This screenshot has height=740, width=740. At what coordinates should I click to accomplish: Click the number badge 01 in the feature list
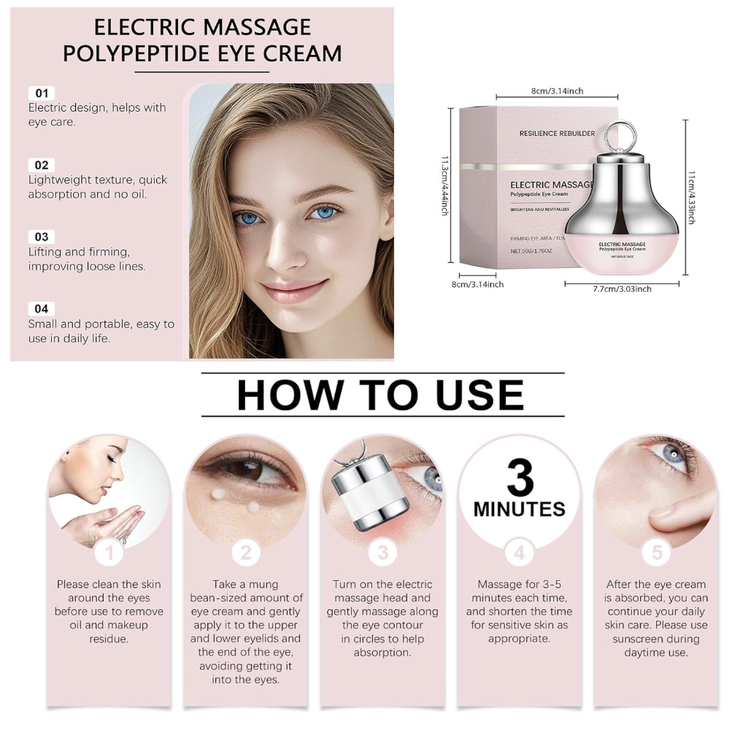(x=42, y=93)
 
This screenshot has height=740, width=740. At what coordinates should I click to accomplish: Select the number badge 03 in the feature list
(x=42, y=237)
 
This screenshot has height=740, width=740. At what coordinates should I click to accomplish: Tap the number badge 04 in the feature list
(x=42, y=309)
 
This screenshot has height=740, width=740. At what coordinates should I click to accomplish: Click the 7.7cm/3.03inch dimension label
(x=622, y=289)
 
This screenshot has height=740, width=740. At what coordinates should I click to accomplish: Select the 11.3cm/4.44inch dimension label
(x=444, y=186)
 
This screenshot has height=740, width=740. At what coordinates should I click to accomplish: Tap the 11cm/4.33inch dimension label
(x=691, y=197)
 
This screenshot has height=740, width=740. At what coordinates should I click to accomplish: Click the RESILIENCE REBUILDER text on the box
(x=557, y=134)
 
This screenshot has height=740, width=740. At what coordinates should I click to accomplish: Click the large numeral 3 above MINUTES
(x=520, y=477)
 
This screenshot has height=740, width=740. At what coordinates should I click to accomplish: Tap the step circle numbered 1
(x=109, y=552)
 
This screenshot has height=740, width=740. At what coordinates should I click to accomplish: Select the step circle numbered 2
(x=246, y=552)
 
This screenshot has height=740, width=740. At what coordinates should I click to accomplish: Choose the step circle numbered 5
(x=657, y=552)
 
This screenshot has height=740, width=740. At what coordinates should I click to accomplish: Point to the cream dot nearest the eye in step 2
(x=218, y=494)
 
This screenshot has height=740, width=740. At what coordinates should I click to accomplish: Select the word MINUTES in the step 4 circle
(x=519, y=509)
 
